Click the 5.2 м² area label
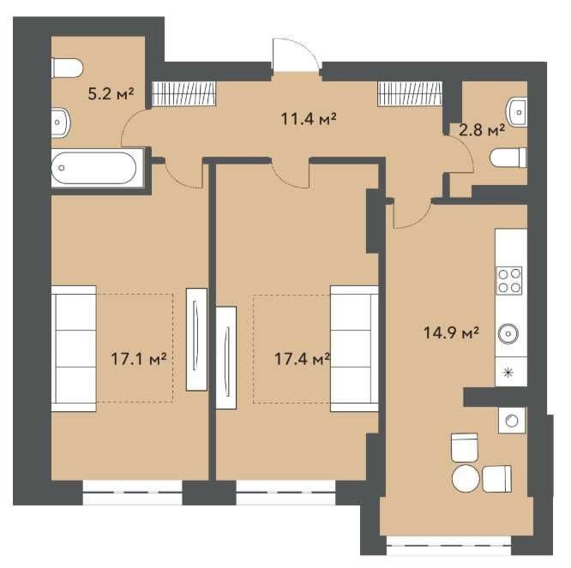(111, 94)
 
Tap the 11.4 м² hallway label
(309, 118)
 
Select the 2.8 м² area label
(482, 129)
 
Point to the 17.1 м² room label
(138, 359)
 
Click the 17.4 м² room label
(303, 359)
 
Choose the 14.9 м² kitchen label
(451, 332)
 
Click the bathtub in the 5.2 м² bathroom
(98, 168)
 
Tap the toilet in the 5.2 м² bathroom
(68, 68)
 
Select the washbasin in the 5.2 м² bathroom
(60, 123)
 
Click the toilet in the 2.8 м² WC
(508, 158)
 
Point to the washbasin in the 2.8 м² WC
(517, 111)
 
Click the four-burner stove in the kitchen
(508, 280)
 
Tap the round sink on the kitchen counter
(508, 333)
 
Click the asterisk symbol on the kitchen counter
(508, 372)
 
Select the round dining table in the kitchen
(466, 478)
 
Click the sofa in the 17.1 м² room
(74, 349)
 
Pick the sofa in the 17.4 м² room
(354, 349)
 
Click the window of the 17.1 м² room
(133, 493)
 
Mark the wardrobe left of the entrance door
(184, 94)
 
